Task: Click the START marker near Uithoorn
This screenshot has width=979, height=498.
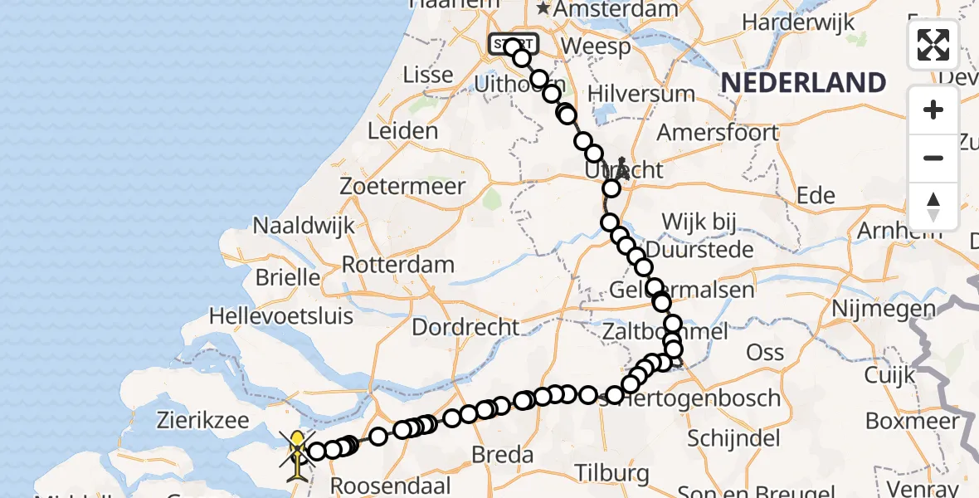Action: (x=514, y=43)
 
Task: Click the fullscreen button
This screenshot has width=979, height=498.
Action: (x=933, y=45)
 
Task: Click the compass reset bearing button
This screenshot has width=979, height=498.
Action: (x=933, y=206)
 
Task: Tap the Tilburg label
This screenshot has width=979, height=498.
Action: (x=614, y=473)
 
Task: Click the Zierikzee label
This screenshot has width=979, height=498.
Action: (x=203, y=420)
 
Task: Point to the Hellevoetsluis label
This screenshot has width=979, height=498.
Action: (x=281, y=316)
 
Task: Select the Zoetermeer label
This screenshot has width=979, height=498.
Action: (x=402, y=186)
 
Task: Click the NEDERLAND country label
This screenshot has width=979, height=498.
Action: (x=803, y=83)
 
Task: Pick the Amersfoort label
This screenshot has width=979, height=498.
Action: (x=718, y=132)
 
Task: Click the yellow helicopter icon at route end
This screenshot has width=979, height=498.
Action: (x=296, y=454)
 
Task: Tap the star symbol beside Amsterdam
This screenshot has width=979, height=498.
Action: (x=543, y=9)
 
